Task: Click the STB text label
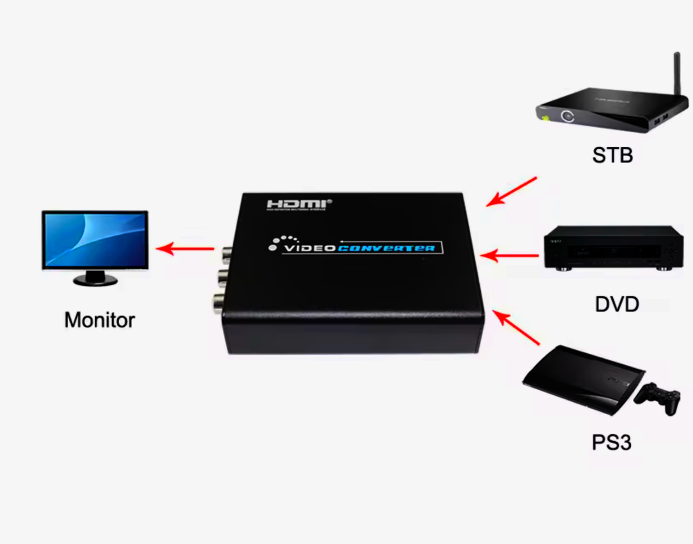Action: click(612, 155)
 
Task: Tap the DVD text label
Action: click(617, 304)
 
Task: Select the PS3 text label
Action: click(611, 442)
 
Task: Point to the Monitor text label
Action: click(100, 320)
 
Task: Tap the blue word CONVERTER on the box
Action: click(386, 248)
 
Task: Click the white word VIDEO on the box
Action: click(310, 248)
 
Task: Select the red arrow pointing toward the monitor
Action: click(185, 249)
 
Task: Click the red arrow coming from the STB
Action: click(511, 191)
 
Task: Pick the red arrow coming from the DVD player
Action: click(509, 255)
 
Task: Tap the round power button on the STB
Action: click(567, 116)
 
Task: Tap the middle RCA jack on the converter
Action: click(222, 277)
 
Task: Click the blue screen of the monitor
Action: click(95, 239)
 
